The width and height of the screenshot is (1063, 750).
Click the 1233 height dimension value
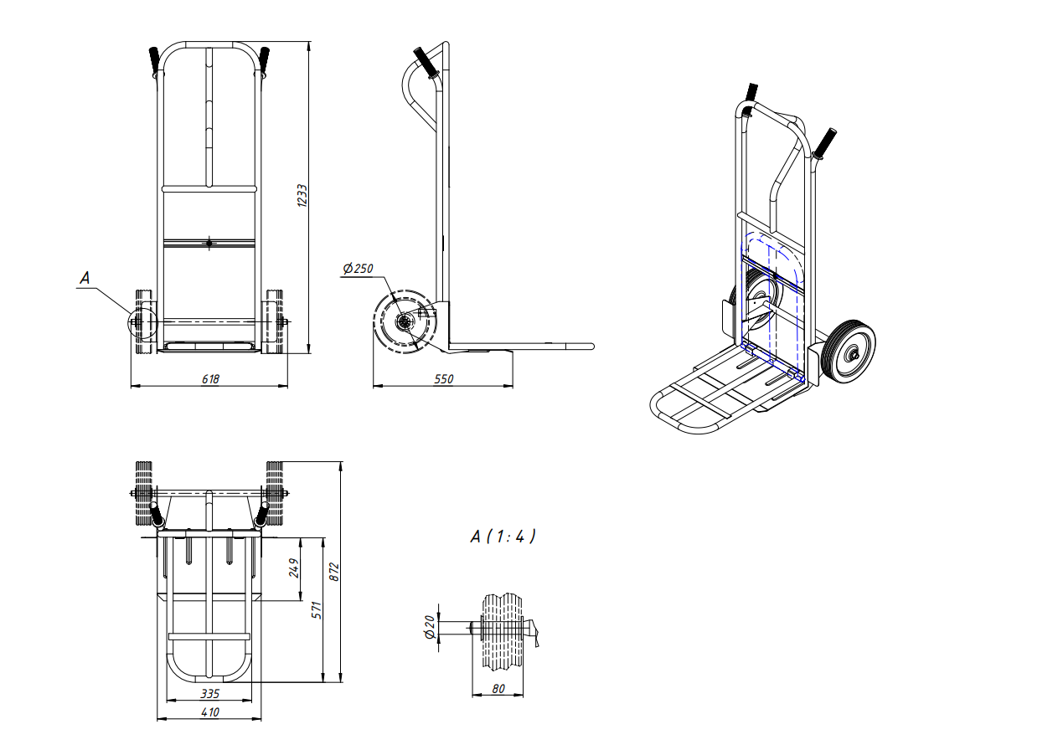click(302, 195)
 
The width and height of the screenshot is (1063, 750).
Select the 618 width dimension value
click(210, 379)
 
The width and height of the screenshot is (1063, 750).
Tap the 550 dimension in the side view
click(444, 379)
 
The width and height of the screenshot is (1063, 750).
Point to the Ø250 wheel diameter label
click(358, 269)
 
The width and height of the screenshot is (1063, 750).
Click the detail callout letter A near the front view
click(85, 278)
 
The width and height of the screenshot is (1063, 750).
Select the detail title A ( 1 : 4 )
click(503, 537)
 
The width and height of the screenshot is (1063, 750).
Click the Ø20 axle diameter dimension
click(430, 627)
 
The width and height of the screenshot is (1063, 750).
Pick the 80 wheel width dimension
click(498, 688)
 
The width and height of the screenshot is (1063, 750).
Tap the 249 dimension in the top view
click(294, 568)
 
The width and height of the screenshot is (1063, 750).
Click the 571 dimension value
click(317, 610)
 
